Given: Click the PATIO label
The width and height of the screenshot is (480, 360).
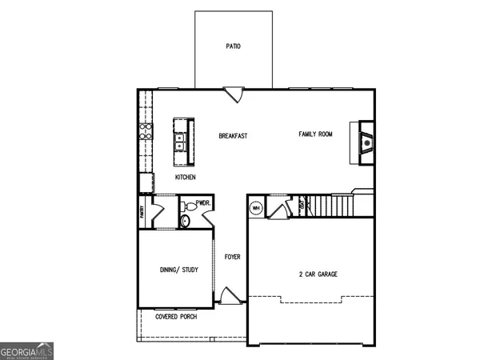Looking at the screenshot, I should tap(233, 46).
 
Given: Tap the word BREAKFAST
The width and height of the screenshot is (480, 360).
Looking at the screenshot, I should tap(233, 136).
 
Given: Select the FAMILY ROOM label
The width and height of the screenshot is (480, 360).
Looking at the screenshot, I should tap(315, 134).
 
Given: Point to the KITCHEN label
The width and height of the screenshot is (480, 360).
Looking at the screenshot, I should tap(186, 178).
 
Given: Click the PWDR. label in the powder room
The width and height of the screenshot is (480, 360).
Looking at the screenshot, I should tap(202, 203).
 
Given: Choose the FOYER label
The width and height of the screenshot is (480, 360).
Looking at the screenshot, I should tap(232, 257).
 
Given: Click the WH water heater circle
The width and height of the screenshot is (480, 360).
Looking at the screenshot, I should tap(256, 209).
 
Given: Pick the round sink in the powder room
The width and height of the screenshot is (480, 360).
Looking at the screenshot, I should tap(185, 220).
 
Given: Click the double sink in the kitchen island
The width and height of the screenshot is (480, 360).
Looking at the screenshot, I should tap(181, 142).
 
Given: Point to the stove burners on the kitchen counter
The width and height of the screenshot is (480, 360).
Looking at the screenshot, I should tap(146, 132).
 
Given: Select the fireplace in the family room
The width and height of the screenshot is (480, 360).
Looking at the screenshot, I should tap(366, 143).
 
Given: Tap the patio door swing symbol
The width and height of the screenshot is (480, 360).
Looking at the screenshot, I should tap(233, 94).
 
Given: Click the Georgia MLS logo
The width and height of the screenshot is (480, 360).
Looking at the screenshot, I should tap(27, 350).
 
